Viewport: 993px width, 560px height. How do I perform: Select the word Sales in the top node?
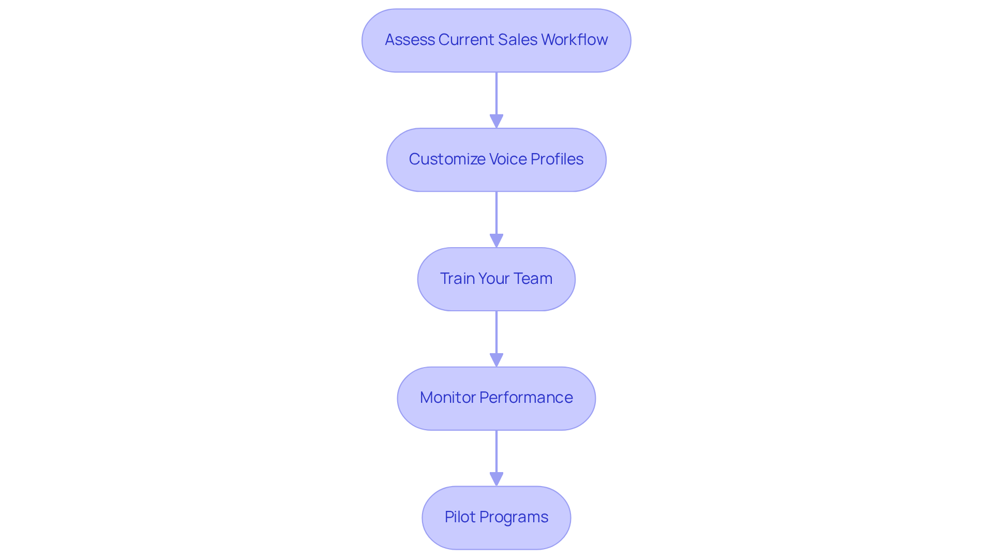coord(517,40)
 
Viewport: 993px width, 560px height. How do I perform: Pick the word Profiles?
coord(557,159)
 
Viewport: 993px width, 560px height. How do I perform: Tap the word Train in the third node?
coord(457,279)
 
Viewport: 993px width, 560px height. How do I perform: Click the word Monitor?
coord(447,398)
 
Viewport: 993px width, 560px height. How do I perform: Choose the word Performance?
coord(526,398)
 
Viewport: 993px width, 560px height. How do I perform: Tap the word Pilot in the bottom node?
coord(459,517)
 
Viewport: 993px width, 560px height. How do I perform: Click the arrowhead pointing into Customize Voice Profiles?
coord(496,121)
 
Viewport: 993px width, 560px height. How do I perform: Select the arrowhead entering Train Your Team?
coord(496,240)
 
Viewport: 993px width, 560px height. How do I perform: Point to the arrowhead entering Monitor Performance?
coord(496,360)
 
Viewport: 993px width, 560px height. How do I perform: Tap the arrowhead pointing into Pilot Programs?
coord(496,479)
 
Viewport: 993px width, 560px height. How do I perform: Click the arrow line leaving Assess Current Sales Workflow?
coord(496,93)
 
